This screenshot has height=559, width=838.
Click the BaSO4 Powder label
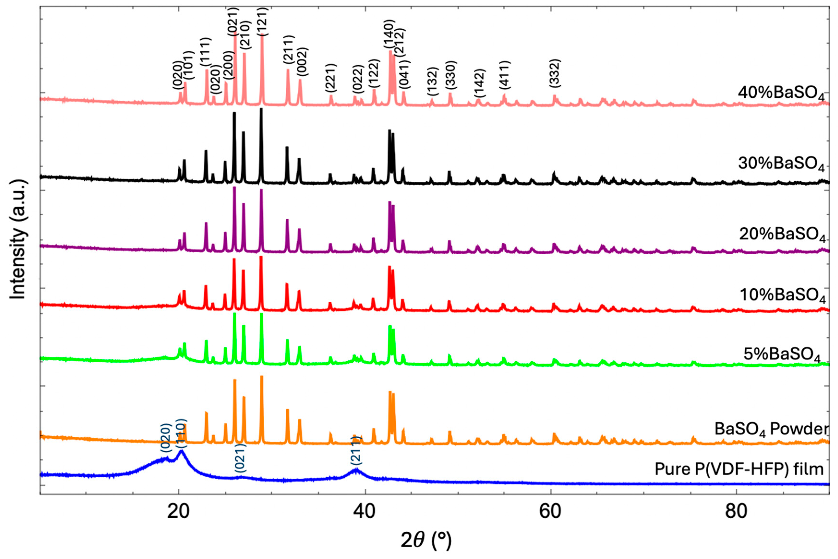pyautogui.click(x=771, y=429)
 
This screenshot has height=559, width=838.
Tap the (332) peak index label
pyautogui.click(x=555, y=73)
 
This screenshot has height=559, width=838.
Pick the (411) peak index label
pyautogui.click(x=505, y=75)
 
